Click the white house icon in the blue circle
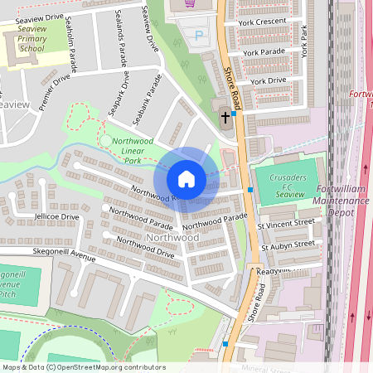tap(186, 179)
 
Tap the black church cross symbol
tap(225, 118)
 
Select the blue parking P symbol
tap(197, 35)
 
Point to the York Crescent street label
tap(267, 21)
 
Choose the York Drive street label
tap(268, 81)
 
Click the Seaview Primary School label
tap(31, 37)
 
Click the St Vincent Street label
tap(287, 222)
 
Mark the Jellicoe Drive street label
tap(56, 216)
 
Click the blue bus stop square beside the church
tap(235, 114)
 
